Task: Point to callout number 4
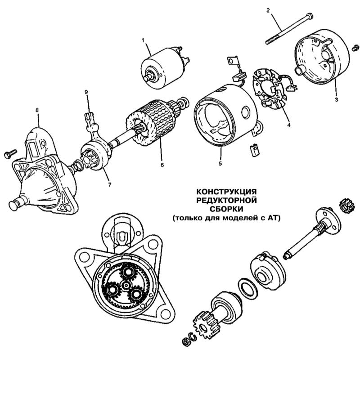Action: (288, 125)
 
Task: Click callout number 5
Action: (220, 163)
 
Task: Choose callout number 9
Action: (87, 92)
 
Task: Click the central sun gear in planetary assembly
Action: (126, 286)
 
